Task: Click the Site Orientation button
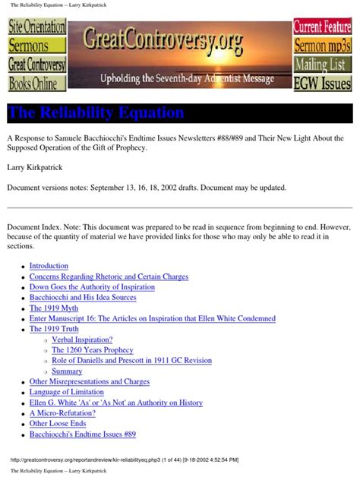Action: click(36, 27)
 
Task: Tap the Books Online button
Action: click(36, 83)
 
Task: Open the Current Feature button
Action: click(323, 27)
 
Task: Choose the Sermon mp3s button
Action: click(323, 46)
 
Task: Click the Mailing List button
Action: click(323, 64)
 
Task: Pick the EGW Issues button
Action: click(323, 83)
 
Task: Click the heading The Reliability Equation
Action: click(96, 113)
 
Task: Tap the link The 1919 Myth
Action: click(57, 308)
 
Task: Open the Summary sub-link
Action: click(67, 371)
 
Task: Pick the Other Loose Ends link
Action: click(58, 423)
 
